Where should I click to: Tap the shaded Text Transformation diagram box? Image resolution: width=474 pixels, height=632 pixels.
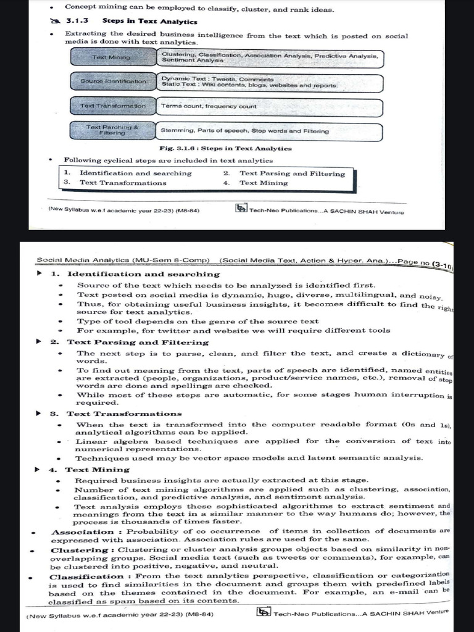point(113,106)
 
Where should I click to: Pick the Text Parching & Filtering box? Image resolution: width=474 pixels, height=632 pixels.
point(113,130)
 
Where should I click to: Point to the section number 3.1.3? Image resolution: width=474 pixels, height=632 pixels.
point(78,21)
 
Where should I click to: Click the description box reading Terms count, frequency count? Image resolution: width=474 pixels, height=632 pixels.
point(269,107)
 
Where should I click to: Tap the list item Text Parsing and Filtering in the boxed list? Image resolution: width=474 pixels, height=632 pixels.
point(292,173)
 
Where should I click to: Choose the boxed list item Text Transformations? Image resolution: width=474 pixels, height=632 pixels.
point(123,183)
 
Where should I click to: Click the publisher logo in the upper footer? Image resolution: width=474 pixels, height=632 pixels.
point(241,208)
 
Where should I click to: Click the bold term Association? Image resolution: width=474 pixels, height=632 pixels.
point(83,532)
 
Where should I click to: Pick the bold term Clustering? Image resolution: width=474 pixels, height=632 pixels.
point(80,550)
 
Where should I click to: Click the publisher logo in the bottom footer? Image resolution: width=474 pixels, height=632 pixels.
point(264,612)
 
